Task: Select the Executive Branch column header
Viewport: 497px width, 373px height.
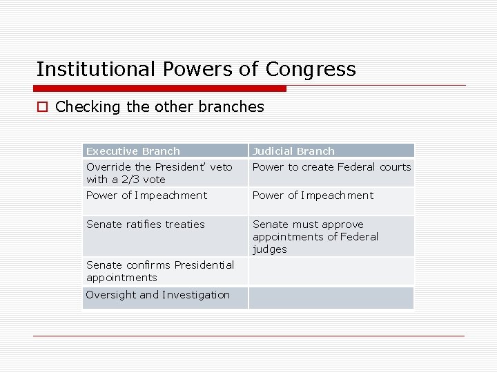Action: pyautogui.click(x=133, y=151)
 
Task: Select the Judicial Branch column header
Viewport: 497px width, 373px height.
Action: pyautogui.click(x=293, y=151)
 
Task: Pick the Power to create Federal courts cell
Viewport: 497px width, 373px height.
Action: pyautogui.click(x=331, y=167)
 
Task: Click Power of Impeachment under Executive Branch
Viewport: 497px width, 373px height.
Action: pyautogui.click(x=146, y=195)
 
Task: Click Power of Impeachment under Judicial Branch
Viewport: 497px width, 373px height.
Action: pyautogui.click(x=313, y=195)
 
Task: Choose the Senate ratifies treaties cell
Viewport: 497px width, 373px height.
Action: pyautogui.click(x=146, y=224)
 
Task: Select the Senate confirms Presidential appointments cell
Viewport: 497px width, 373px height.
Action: pyautogui.click(x=160, y=271)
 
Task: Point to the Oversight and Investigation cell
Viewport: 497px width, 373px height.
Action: pyautogui.click(x=158, y=295)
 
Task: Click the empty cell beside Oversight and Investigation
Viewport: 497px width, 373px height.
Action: pyautogui.click(x=331, y=298)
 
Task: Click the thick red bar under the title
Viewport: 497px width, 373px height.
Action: pyautogui.click(x=160, y=88)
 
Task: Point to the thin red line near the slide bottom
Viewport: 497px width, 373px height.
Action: pyautogui.click(x=248, y=336)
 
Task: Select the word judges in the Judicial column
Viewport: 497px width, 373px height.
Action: pyautogui.click(x=270, y=249)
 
